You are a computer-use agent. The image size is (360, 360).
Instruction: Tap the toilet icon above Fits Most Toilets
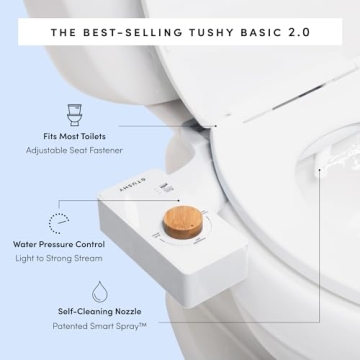(72, 110)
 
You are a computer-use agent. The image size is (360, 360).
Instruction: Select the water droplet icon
(100, 293)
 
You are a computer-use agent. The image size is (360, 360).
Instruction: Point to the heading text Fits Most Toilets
(73, 135)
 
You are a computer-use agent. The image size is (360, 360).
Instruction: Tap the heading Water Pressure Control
(59, 243)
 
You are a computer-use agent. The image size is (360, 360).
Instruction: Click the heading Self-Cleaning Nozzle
(99, 311)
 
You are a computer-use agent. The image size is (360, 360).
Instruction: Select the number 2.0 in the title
(298, 31)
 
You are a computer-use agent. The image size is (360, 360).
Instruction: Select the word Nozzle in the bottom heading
(130, 311)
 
